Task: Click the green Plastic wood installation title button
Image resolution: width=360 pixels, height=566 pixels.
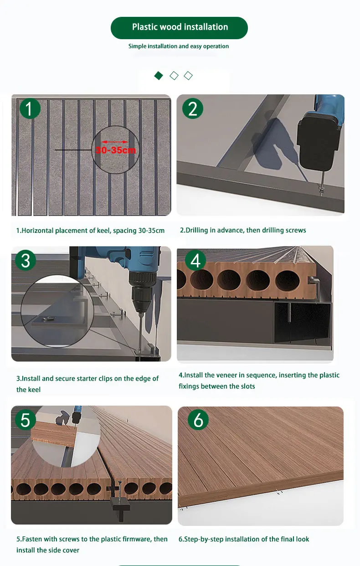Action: (179, 27)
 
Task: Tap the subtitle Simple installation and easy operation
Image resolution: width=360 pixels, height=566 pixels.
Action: (179, 46)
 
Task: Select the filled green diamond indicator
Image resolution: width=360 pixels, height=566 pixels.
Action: (158, 76)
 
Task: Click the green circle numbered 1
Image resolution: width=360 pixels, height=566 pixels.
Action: (30, 109)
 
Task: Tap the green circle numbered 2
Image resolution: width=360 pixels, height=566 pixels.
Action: (193, 109)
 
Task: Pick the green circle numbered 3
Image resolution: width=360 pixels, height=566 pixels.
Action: (26, 260)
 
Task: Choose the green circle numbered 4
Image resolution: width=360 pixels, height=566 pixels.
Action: (195, 261)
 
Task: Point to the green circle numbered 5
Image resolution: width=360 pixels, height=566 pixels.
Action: (26, 420)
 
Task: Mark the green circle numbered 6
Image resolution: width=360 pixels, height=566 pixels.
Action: (198, 420)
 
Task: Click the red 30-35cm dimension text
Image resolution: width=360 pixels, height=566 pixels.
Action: (115, 149)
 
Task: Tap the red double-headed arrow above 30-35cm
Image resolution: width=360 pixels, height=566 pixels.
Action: (114, 142)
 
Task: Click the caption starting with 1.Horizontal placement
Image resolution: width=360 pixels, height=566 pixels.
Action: (90, 231)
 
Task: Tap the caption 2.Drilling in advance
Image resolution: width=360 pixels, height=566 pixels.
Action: (243, 230)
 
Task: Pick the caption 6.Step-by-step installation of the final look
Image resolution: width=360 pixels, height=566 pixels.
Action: (243, 539)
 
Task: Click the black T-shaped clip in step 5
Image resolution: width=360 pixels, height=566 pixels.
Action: (120, 501)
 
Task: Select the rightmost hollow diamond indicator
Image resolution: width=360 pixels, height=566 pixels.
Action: (188, 76)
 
